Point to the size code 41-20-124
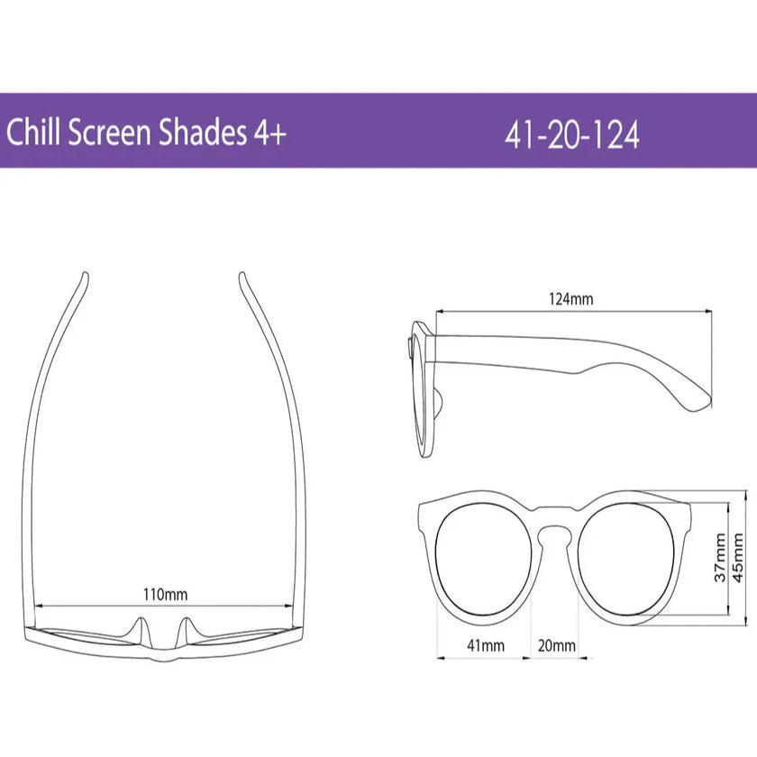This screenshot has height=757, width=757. point(572,135)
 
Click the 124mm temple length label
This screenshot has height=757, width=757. point(571,299)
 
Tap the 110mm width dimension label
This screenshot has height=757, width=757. point(166,594)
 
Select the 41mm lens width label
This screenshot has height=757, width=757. point(486,645)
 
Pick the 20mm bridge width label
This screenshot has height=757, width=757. point(556,645)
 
